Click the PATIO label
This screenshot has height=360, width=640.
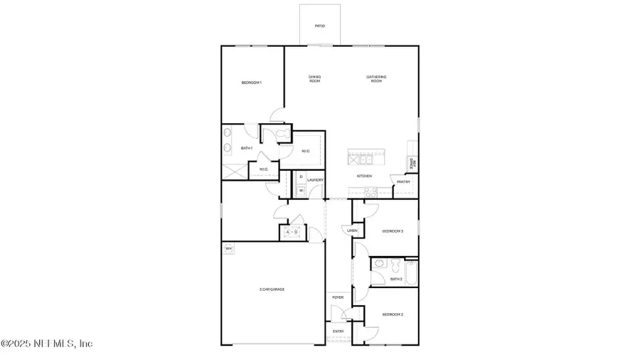[320, 26]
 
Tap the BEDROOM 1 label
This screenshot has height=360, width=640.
[252, 83]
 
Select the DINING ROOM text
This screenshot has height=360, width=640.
[314, 79]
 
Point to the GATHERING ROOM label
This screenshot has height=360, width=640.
[376, 79]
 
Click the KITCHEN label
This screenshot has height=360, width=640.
[365, 175]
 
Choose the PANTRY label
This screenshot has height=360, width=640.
[404, 181]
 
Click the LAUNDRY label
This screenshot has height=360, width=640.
[315, 180]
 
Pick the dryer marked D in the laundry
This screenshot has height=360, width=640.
[301, 176]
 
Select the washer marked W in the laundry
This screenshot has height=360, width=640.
[301, 190]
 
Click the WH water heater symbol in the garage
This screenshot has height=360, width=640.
[228, 248]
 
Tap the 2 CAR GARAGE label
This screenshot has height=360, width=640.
[272, 290]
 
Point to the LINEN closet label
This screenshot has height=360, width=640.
[352, 231]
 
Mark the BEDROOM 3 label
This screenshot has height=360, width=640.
[393, 231]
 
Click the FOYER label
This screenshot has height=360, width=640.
[338, 297]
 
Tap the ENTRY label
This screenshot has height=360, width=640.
[338, 331]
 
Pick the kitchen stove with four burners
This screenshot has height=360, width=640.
[370, 190]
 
